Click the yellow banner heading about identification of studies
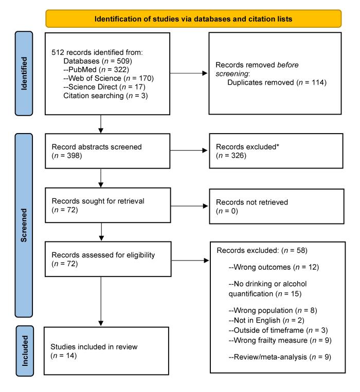[x=193, y=19]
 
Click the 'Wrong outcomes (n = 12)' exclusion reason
[x=269, y=270]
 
